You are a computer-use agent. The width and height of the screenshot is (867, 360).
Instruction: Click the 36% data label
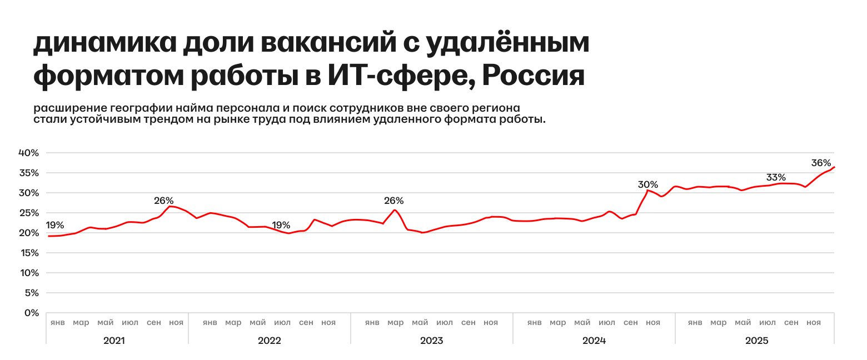[x=821, y=163]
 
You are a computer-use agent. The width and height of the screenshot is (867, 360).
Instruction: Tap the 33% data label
[x=776, y=178]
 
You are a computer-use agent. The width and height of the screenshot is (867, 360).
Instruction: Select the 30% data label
[x=648, y=184]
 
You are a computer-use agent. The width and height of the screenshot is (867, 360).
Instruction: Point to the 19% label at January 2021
[x=54, y=226]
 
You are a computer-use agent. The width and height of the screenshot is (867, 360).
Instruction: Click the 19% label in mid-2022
[x=281, y=226]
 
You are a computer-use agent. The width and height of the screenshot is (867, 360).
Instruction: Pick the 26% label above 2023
[x=394, y=201]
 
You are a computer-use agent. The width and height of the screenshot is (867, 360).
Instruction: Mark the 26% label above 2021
[x=164, y=201]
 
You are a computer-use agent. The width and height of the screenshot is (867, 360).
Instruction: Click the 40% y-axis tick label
[x=29, y=153]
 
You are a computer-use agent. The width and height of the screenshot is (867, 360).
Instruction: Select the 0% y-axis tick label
[x=32, y=313]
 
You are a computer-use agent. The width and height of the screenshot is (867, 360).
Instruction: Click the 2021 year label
[x=114, y=341]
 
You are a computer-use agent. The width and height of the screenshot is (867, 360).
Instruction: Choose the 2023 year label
[x=431, y=341]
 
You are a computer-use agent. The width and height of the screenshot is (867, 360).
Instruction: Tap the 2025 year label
[x=756, y=341]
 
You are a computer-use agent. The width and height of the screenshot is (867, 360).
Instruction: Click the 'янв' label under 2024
[x=535, y=323]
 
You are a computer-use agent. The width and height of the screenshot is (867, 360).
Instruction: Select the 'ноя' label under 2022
[x=328, y=323]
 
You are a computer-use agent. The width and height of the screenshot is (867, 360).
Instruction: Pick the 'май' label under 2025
[x=743, y=323]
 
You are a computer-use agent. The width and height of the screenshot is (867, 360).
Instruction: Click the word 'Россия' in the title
[x=533, y=76]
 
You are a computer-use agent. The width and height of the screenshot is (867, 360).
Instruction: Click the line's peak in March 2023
[x=395, y=209]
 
